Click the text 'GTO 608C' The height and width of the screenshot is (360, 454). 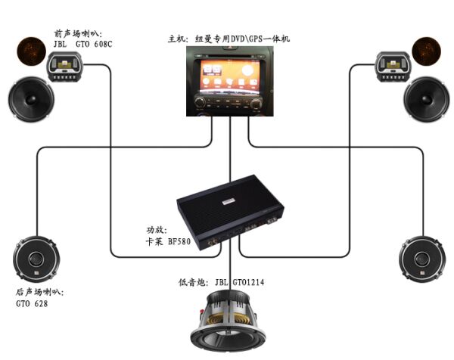coord(95,43)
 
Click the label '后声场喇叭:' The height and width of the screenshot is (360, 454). coord(40,291)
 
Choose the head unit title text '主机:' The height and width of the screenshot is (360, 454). coord(176,38)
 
